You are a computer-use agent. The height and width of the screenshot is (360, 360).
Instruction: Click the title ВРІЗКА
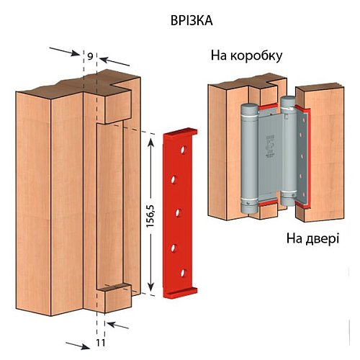pyautogui.click(x=192, y=21)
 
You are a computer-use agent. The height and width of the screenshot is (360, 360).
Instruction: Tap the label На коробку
pyautogui.click(x=246, y=56)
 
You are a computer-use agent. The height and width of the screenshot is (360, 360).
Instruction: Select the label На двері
pyautogui.click(x=312, y=238)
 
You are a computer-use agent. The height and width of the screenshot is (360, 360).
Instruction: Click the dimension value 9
pyautogui.click(x=90, y=56)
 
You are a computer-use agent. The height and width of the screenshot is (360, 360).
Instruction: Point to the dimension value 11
pyautogui.click(x=101, y=343)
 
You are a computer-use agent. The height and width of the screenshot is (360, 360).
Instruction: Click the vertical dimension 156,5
pyautogui.click(x=150, y=217)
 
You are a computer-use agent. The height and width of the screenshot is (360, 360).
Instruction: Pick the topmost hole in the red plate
pyautogui.click(x=184, y=150)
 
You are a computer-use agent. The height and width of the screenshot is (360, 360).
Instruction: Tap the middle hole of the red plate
pyautogui.click(x=178, y=213)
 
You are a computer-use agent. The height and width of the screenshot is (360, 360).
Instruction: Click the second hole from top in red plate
pyautogui.click(x=174, y=180)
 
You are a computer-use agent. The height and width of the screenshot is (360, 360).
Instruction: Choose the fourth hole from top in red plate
pyautogui.click(x=174, y=248)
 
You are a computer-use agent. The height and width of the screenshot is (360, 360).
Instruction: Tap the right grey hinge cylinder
pyautogui.click(x=288, y=151)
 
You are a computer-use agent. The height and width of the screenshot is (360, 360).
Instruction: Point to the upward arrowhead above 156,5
pyautogui.click(x=150, y=143)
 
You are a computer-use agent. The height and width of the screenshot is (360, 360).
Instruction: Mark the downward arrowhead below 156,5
pyautogui.click(x=150, y=287)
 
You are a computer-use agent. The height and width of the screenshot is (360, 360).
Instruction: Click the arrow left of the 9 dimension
pyautogui.click(x=65, y=52)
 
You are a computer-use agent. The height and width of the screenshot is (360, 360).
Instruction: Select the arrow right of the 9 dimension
pyautogui.click(x=114, y=61)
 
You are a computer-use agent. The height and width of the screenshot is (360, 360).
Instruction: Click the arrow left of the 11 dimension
pyautogui.click(x=78, y=346)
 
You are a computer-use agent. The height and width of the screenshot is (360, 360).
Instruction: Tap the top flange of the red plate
pyautogui.click(x=181, y=132)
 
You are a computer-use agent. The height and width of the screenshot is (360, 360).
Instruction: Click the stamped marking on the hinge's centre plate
pyautogui.click(x=269, y=145)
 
